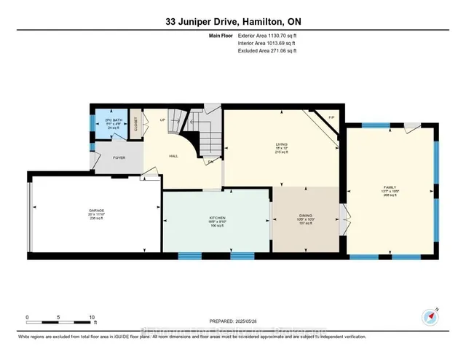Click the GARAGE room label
pyautogui.click(x=97, y=210)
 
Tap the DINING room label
pyautogui.click(x=306, y=216)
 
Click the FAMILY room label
pyautogui.click(x=390, y=187)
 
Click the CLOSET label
pyautogui.click(x=136, y=123)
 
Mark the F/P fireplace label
pyautogui.click(x=331, y=118)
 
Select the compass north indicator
pyautogui.click(x=429, y=315)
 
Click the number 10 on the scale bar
pyautogui.click(x=91, y=318)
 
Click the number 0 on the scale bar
pyautogui.click(x=27, y=318)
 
